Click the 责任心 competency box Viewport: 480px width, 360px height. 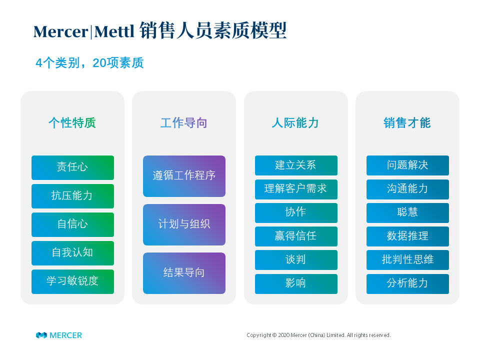point(72,168)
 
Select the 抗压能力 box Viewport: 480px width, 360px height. point(72,196)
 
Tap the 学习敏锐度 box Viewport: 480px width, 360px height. point(72,281)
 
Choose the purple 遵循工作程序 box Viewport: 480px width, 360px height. point(184,176)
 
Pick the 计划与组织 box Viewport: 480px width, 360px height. point(184,224)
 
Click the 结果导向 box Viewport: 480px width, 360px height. point(184,273)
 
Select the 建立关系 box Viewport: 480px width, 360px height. point(296,165)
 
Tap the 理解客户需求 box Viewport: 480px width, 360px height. point(296,189)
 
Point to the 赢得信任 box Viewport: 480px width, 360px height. point(296,236)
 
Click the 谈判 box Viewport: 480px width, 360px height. point(296,260)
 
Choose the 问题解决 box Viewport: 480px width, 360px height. point(408,165)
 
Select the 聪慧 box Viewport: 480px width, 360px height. point(408,213)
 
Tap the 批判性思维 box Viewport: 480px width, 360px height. point(408,260)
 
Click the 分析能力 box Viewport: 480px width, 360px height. point(408,284)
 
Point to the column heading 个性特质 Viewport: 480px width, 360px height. point(72,123)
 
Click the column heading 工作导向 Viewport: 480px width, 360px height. point(184,123)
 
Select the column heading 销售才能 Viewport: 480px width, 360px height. point(407,123)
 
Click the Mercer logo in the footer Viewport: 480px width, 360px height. point(59,335)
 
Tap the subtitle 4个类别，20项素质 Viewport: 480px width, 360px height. point(89,63)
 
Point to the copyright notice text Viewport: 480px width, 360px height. point(318,335)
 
